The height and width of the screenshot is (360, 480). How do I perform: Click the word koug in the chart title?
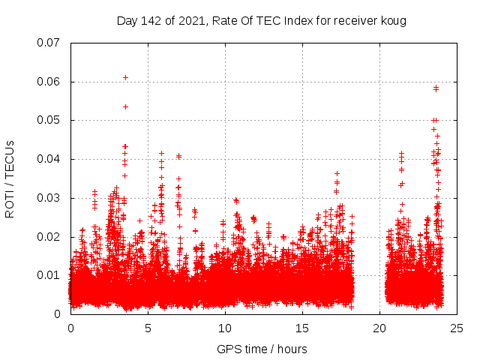394,20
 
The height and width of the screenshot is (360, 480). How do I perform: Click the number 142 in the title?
151,20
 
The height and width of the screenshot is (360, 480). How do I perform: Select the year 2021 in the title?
192,20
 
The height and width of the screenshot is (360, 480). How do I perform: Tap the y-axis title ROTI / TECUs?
10,178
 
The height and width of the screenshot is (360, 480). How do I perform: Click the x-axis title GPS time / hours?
262,349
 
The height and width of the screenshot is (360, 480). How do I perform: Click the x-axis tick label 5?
148,328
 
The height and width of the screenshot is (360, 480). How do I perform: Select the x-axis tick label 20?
379,328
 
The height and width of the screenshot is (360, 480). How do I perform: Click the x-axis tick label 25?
457,328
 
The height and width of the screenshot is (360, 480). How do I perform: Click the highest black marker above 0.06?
125,77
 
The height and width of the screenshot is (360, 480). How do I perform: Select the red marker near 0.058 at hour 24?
436,88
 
